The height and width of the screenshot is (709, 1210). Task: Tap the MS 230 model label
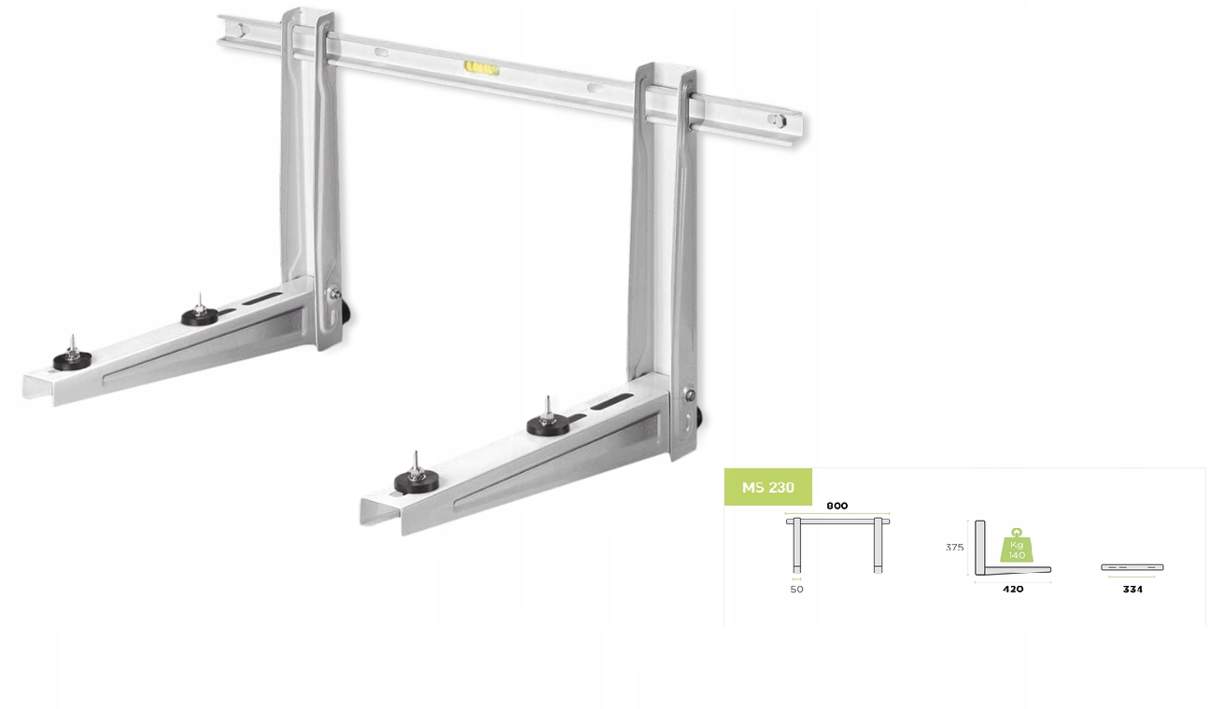767,487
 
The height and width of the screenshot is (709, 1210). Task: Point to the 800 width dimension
837,506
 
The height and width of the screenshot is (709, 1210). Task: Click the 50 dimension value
796,590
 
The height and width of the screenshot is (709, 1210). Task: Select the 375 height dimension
953,548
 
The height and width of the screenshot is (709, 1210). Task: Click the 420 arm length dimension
1012,590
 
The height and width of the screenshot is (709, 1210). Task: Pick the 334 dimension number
1132,590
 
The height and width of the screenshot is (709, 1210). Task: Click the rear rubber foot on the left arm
200,315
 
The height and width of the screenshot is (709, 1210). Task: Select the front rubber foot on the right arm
414,480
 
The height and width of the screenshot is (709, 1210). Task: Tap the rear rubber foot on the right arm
547,424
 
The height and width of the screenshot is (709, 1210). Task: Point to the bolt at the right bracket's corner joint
689,395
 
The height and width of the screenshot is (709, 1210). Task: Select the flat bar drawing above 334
1132,567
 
